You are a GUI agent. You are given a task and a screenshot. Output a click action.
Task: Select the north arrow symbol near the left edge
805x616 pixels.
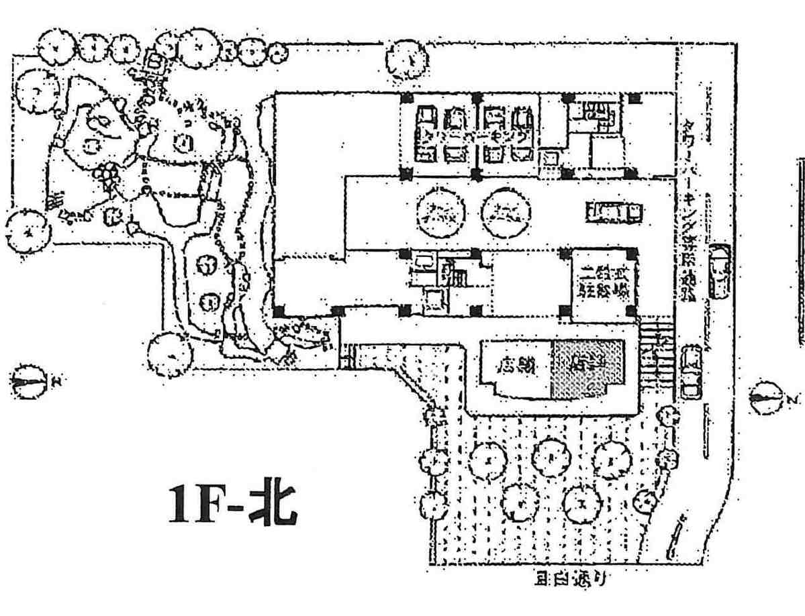(x=29, y=382)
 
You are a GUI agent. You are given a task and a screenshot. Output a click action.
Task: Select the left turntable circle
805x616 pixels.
(x=439, y=213)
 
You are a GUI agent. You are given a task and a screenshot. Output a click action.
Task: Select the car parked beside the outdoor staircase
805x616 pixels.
(x=691, y=372)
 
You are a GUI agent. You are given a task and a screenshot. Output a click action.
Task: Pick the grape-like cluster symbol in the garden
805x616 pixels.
(x=108, y=174)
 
